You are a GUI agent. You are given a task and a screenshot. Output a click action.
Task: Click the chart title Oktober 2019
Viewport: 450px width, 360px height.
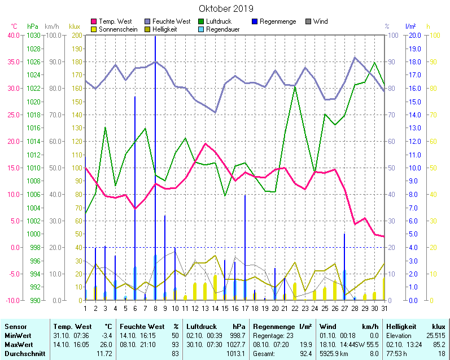point(226,8)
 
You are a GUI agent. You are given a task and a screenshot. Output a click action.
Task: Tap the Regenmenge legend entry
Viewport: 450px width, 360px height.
point(277,21)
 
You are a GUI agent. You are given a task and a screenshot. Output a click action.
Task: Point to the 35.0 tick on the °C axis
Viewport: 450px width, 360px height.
point(13,62)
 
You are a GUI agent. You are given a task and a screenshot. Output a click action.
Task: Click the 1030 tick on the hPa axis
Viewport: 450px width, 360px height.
point(33,35)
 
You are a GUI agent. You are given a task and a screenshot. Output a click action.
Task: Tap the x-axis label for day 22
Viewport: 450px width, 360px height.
point(295,308)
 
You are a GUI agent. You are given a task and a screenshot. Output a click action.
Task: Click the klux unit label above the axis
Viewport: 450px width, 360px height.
point(74,27)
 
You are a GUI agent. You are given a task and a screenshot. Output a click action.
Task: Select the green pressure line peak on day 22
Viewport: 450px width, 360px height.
point(295,86)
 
